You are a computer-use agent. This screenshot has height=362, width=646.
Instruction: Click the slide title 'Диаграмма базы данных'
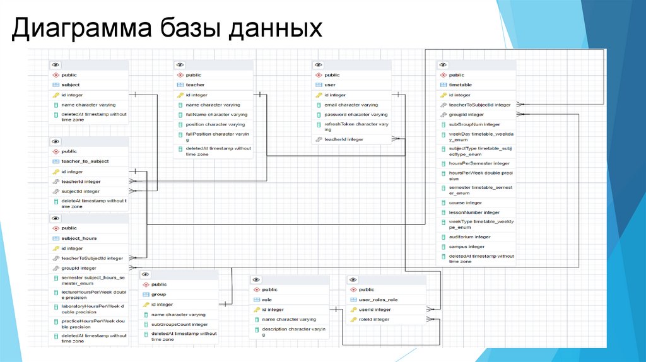point(167,30)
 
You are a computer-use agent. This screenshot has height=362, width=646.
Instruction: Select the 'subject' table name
point(71,85)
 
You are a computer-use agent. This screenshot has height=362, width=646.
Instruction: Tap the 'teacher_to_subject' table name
point(85,161)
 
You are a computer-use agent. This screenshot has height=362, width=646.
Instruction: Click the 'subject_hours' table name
point(79,238)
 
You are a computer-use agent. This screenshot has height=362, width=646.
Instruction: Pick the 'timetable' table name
point(461,85)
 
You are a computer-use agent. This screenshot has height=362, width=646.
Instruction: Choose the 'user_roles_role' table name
point(378,300)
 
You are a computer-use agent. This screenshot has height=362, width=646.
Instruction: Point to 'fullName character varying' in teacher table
point(216,115)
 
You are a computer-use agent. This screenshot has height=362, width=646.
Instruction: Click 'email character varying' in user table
point(351,105)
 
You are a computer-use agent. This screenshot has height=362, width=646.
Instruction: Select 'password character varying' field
point(356,115)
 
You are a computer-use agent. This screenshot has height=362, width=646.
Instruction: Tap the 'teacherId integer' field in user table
point(344,139)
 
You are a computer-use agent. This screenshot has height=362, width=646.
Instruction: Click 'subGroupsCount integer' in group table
point(179,324)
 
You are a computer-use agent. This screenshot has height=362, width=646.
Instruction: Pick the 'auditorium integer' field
point(469,236)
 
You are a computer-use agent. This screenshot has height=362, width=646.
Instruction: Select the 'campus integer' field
point(466,247)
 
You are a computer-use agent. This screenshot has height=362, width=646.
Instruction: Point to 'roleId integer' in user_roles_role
point(373,319)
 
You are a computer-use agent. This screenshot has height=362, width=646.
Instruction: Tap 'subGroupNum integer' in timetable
point(474,124)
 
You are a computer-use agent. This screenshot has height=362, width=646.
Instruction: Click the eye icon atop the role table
point(255,279)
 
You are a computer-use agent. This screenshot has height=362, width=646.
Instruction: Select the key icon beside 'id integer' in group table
point(145,305)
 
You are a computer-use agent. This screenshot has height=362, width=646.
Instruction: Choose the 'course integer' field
point(465,202)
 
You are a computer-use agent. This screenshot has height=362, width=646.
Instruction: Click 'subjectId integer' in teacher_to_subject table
point(80,191)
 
